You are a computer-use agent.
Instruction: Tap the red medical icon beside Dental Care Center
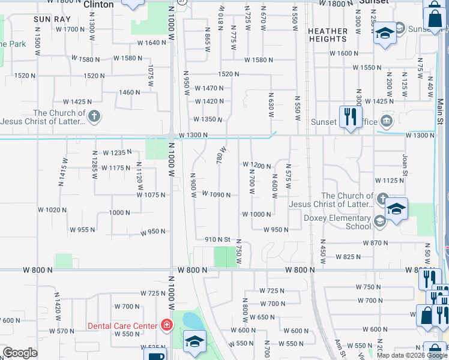166,326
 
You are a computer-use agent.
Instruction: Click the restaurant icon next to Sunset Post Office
349,116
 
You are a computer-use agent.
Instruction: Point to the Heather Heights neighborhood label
328,35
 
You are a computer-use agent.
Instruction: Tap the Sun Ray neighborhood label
49,19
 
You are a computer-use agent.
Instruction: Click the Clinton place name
98,4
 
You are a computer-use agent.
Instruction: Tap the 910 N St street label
218,239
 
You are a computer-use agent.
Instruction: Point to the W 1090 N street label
216,194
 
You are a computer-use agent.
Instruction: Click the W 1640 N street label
151,43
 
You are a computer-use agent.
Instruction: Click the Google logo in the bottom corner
20,353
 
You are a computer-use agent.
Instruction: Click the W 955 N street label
83,229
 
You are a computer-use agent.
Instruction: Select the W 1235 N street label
117,152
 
